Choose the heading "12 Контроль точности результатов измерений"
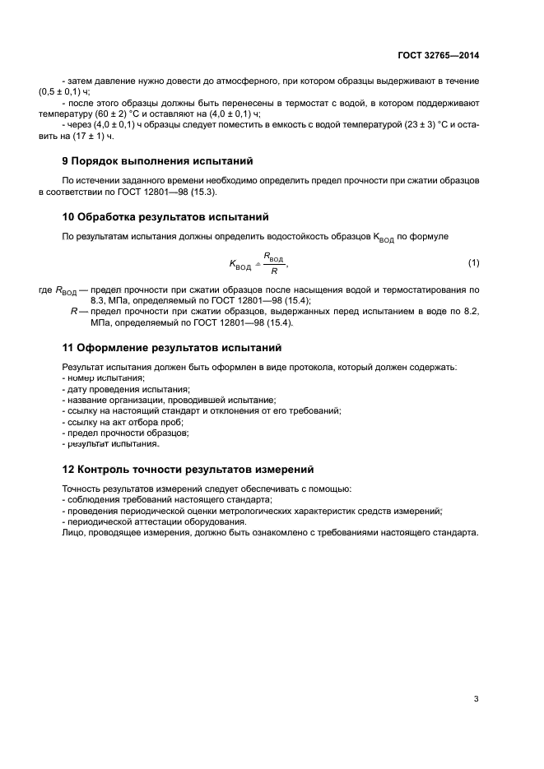tap(188, 470)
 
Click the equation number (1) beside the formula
tap(473, 262)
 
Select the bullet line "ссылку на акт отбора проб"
tap(124, 421)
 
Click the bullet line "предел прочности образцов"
tap(128, 432)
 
